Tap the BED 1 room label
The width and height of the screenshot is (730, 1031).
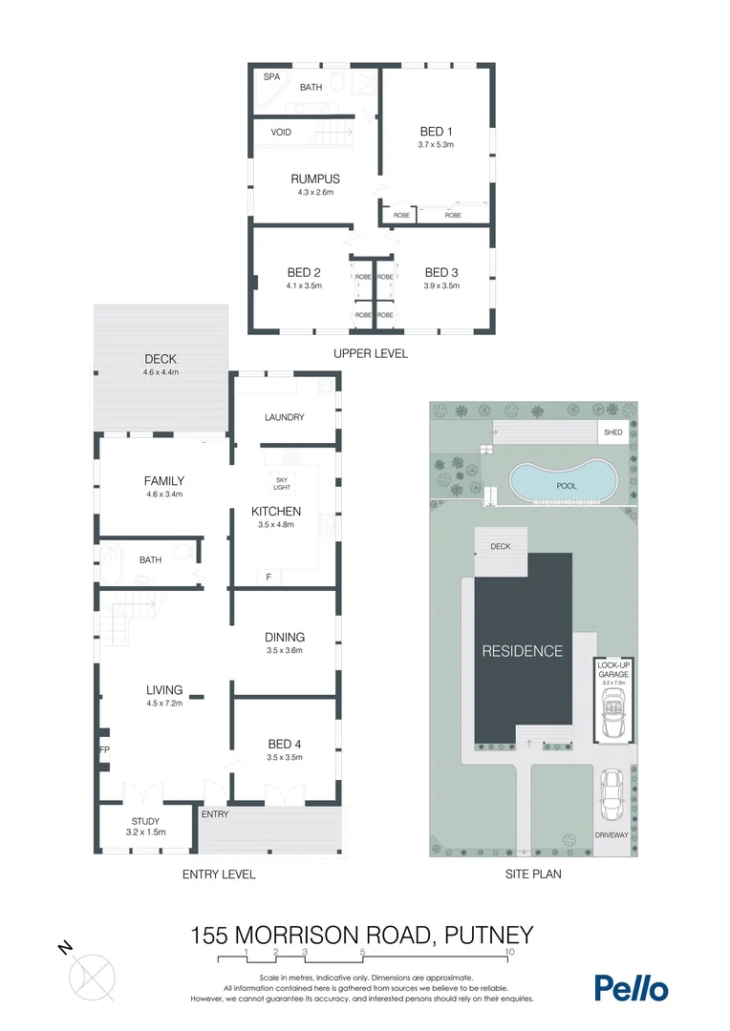(435, 132)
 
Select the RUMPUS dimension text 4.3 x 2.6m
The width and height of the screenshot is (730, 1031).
(315, 191)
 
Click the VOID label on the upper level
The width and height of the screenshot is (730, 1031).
(281, 133)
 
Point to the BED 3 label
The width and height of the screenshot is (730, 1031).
(441, 271)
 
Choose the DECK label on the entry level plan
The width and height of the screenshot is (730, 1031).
(161, 359)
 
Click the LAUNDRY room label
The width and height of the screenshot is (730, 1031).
(284, 417)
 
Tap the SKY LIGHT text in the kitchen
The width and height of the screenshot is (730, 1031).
(282, 483)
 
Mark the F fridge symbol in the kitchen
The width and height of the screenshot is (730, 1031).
(268, 577)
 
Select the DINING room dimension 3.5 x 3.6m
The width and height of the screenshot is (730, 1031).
(285, 651)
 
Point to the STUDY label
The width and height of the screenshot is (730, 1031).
(145, 821)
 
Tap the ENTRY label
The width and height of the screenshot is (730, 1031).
(215, 814)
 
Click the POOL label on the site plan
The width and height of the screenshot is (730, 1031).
(567, 485)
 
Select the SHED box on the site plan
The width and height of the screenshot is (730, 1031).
(613, 432)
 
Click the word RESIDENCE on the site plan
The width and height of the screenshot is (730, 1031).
(522, 651)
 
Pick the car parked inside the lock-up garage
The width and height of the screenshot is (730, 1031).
(612, 715)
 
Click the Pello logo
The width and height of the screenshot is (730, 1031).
(631, 988)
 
